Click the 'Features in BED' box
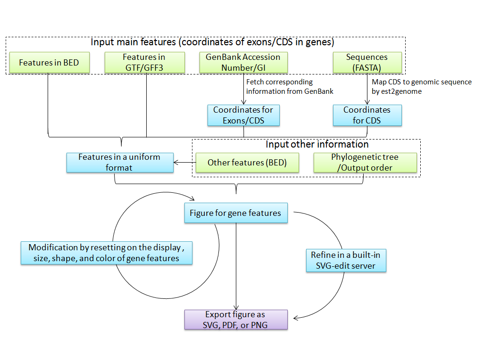tap(49, 63)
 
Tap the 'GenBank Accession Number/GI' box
tap(243, 63)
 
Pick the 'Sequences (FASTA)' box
tap(367, 63)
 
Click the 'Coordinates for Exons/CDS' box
tap(243, 115)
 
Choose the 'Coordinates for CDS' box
tap(367, 115)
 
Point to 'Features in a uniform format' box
tap(119, 162)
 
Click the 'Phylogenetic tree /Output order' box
tap(366, 163)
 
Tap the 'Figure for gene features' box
tap(235, 213)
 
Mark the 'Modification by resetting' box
tap(107, 253)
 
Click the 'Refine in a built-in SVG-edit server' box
tap(346, 260)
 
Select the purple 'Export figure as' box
tap(235, 320)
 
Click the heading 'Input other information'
tap(317, 144)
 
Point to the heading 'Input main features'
tap(212, 42)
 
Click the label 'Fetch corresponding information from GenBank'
tap(290, 87)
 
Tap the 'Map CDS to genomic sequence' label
tap(421, 82)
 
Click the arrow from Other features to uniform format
tap(184, 163)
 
